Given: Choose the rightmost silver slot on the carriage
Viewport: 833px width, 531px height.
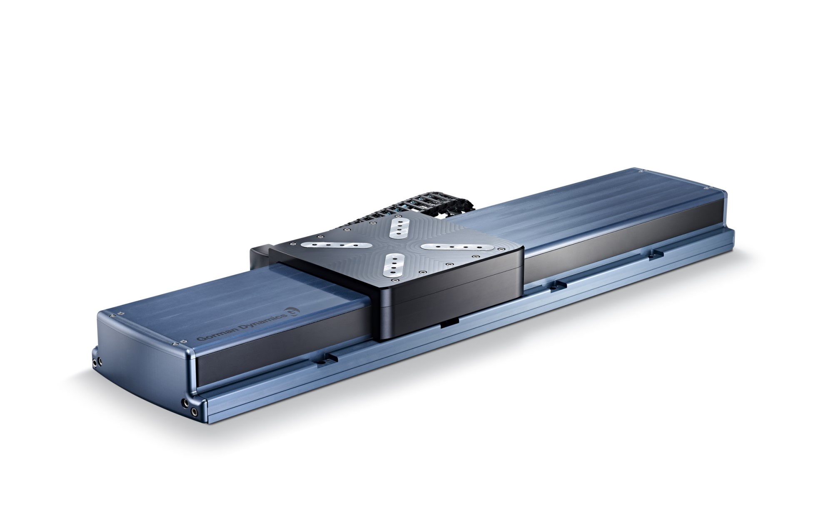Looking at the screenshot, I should pyautogui.click(x=458, y=247).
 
